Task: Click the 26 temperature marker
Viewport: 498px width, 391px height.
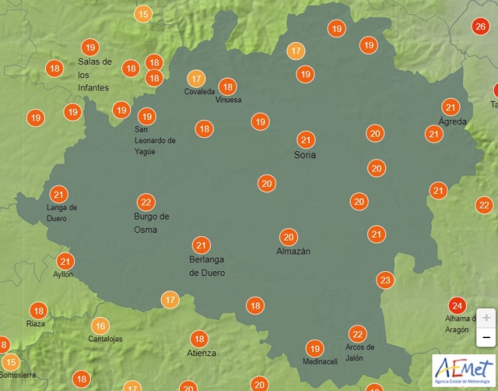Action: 480,27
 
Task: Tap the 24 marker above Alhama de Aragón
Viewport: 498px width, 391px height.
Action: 457,306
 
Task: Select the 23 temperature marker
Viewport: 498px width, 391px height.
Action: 385,280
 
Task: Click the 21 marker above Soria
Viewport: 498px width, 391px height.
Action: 305,139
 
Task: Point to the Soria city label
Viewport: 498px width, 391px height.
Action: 305,155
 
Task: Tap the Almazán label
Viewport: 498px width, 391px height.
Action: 294,251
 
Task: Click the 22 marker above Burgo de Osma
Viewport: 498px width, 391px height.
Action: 146,203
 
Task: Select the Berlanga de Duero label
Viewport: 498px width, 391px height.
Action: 207,266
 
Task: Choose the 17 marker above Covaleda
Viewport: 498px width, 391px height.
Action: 197,79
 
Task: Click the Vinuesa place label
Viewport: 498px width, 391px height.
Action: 229,100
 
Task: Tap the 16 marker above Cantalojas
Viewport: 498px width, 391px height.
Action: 100,325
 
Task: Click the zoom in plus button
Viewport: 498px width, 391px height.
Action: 486,317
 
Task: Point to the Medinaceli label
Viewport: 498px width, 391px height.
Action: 320,362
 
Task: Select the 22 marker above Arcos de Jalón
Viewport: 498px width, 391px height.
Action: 357,334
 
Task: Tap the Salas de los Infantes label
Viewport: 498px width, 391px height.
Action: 94,75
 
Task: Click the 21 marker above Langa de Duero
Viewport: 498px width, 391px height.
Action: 59,195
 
